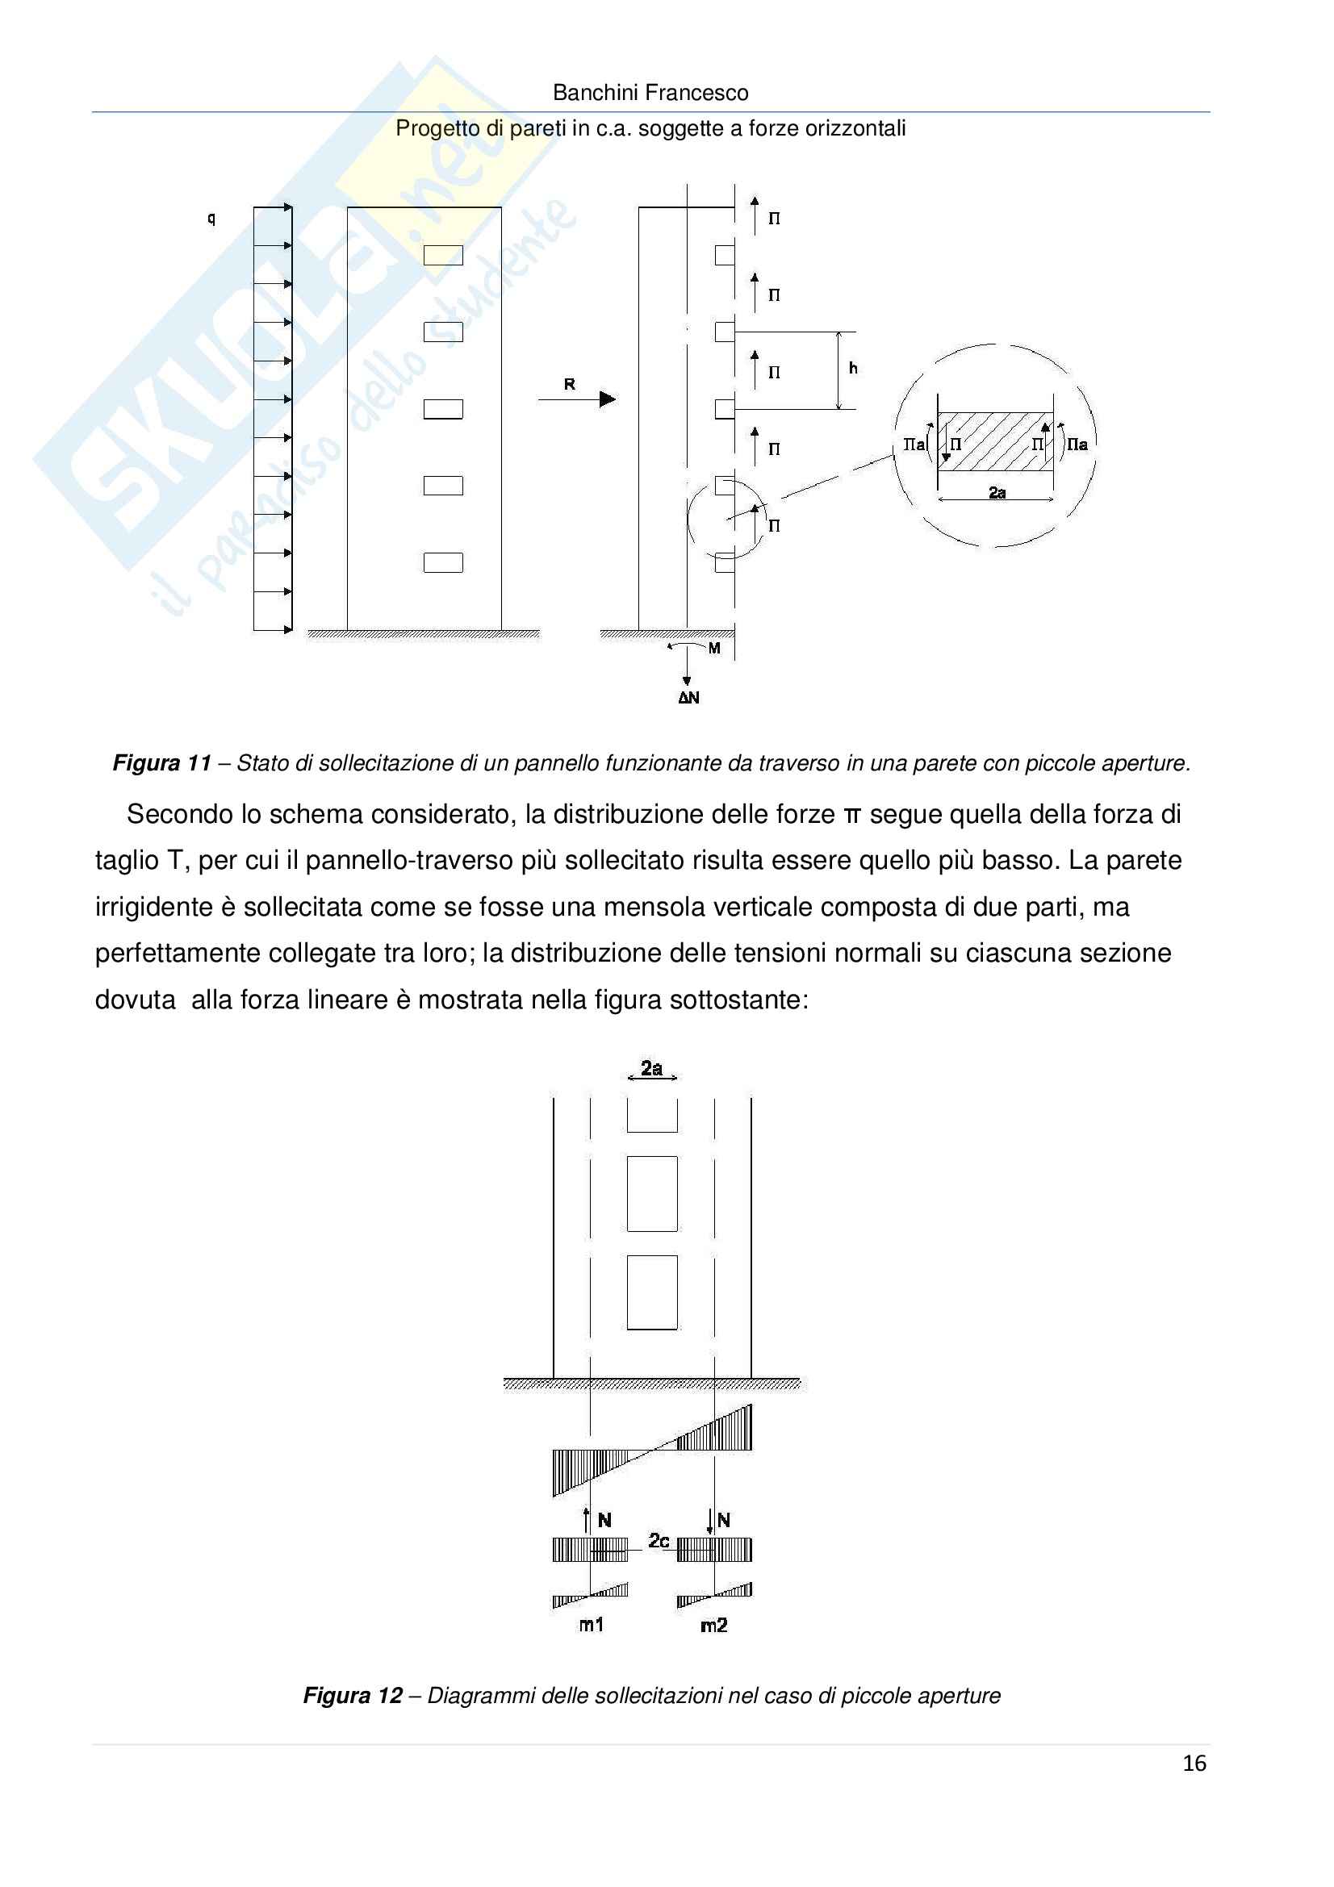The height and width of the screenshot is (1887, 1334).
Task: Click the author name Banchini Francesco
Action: [650, 93]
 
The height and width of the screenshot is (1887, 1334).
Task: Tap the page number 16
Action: [1194, 1763]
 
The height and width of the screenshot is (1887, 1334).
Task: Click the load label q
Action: [211, 219]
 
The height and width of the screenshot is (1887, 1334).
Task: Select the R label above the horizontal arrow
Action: [570, 384]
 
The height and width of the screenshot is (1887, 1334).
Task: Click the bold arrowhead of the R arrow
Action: [608, 399]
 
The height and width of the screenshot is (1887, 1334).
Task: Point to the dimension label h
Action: [853, 368]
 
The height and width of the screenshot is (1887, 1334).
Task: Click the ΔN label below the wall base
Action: [688, 698]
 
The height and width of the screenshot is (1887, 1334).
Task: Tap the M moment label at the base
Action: [714, 649]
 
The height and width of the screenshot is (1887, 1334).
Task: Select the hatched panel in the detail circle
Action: [995, 442]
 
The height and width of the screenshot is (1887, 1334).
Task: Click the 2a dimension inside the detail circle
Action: [997, 492]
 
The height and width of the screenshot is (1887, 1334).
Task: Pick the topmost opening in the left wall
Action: [443, 256]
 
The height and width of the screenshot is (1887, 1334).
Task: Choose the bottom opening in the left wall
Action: [443, 562]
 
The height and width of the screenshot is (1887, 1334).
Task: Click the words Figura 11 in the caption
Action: [162, 763]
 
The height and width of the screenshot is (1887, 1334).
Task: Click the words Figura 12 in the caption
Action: [353, 1696]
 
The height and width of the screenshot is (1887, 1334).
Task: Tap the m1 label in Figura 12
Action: [592, 1625]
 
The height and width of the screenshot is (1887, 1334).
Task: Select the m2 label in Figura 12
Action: [713, 1625]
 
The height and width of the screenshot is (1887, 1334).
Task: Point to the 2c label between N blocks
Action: [659, 1540]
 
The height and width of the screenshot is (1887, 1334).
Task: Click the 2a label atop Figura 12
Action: [652, 1068]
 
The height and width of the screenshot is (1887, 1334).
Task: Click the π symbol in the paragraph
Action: [851, 815]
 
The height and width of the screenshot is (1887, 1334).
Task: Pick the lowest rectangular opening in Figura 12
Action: [652, 1292]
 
